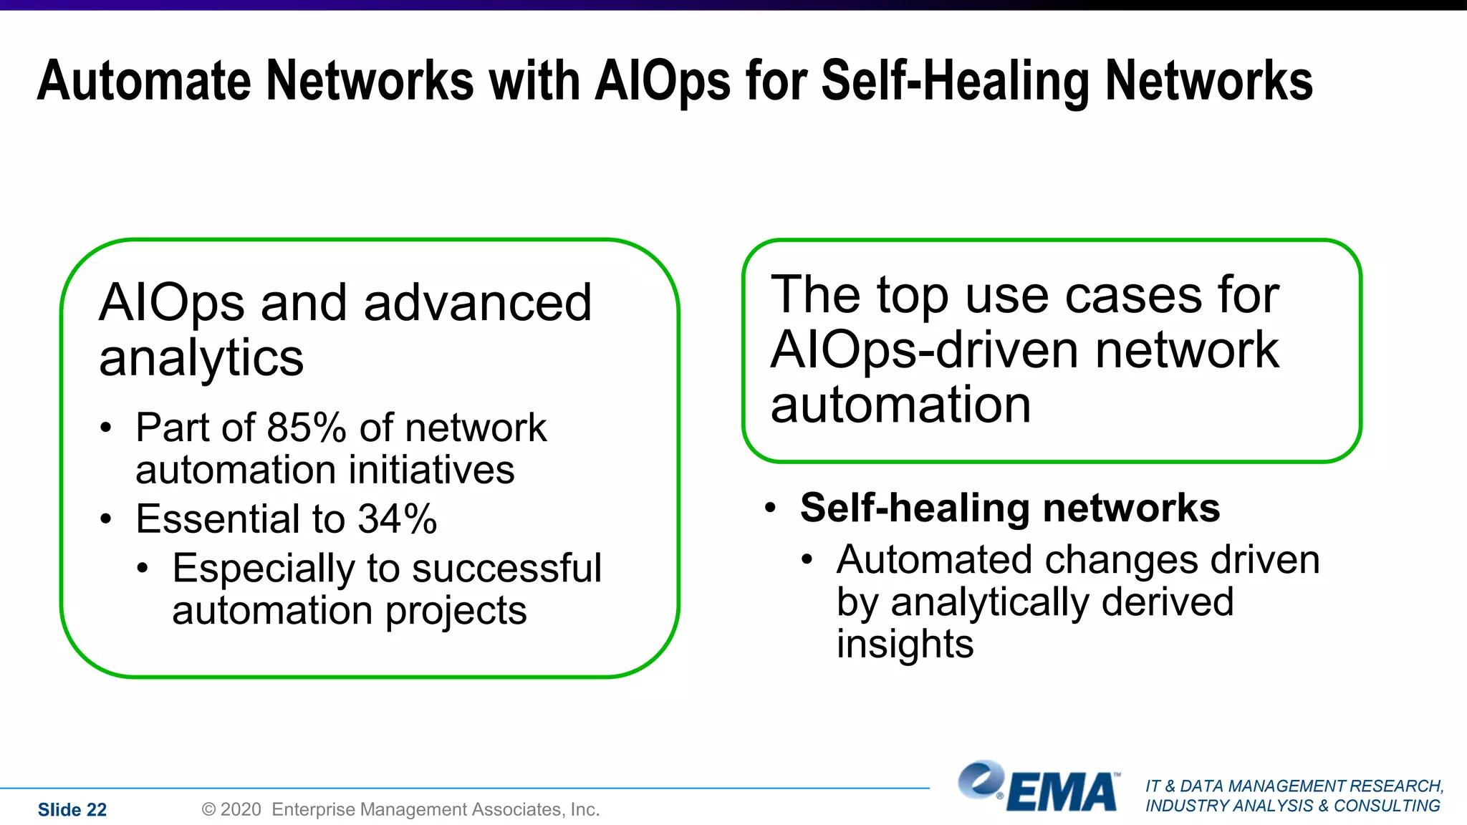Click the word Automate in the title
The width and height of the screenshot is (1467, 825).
click(144, 80)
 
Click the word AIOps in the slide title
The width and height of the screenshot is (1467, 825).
click(663, 80)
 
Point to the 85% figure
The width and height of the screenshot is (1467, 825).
click(307, 428)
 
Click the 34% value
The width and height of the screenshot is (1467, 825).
click(398, 518)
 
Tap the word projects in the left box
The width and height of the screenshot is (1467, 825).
click(456, 611)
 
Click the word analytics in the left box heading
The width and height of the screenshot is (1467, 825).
click(201, 358)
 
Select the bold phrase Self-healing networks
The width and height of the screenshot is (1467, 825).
click(1010, 508)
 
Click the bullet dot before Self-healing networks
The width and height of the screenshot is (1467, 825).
click(771, 508)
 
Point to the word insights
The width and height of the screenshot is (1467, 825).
click(905, 643)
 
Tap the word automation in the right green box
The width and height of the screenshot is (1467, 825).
click(900, 405)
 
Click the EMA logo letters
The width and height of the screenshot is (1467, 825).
click(1062, 792)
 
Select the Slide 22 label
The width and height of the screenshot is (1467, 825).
click(72, 809)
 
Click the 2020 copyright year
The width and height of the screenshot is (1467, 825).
click(241, 809)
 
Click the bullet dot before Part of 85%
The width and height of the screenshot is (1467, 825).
click(106, 428)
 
